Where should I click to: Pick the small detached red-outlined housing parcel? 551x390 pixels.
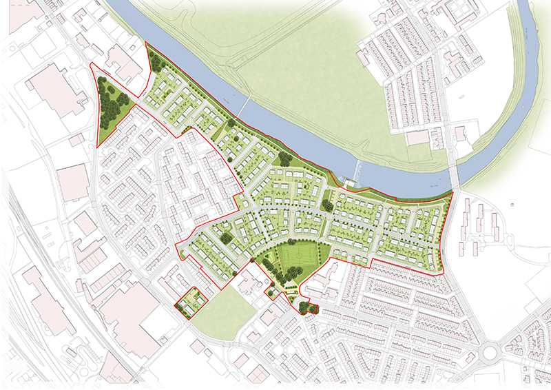tap(189, 301)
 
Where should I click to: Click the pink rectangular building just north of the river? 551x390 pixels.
tap(417, 138)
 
